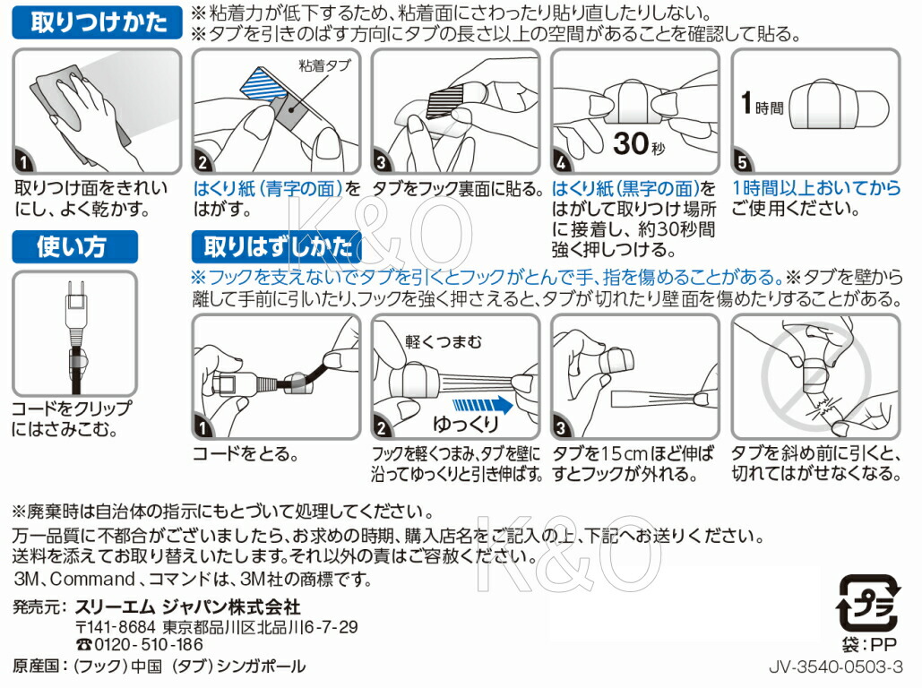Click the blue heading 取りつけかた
98,23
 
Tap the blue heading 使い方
74,247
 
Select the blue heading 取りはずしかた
277,247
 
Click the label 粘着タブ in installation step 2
325,65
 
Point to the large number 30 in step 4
631,143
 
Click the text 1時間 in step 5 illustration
762,104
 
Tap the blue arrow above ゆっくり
482,405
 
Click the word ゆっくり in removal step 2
466,424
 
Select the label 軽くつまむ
444,341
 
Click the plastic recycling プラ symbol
868,603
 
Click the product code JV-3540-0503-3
836,666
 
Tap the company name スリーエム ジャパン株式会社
188,606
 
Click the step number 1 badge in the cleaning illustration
23,161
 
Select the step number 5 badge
742,161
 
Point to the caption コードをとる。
246,454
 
